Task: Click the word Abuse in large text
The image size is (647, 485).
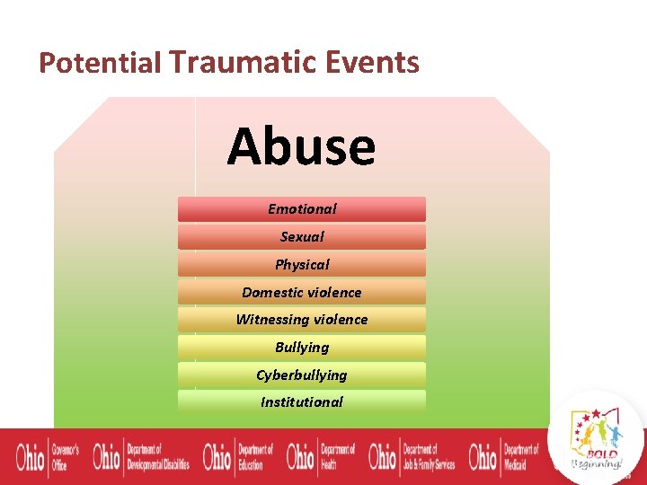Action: (301, 146)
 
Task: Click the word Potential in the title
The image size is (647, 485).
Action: (100, 63)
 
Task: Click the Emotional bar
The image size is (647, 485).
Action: (302, 209)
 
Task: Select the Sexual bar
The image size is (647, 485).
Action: (302, 237)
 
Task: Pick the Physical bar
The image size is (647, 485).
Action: (302, 265)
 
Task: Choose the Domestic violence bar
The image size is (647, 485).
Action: (302, 293)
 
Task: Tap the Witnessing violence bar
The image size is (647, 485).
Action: (302, 320)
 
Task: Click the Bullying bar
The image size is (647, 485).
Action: (302, 348)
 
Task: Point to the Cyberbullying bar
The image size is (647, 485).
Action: (302, 375)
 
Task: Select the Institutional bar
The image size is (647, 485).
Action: (302, 402)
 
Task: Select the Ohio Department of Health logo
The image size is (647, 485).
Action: (321, 456)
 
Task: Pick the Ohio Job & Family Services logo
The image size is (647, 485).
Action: (412, 456)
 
